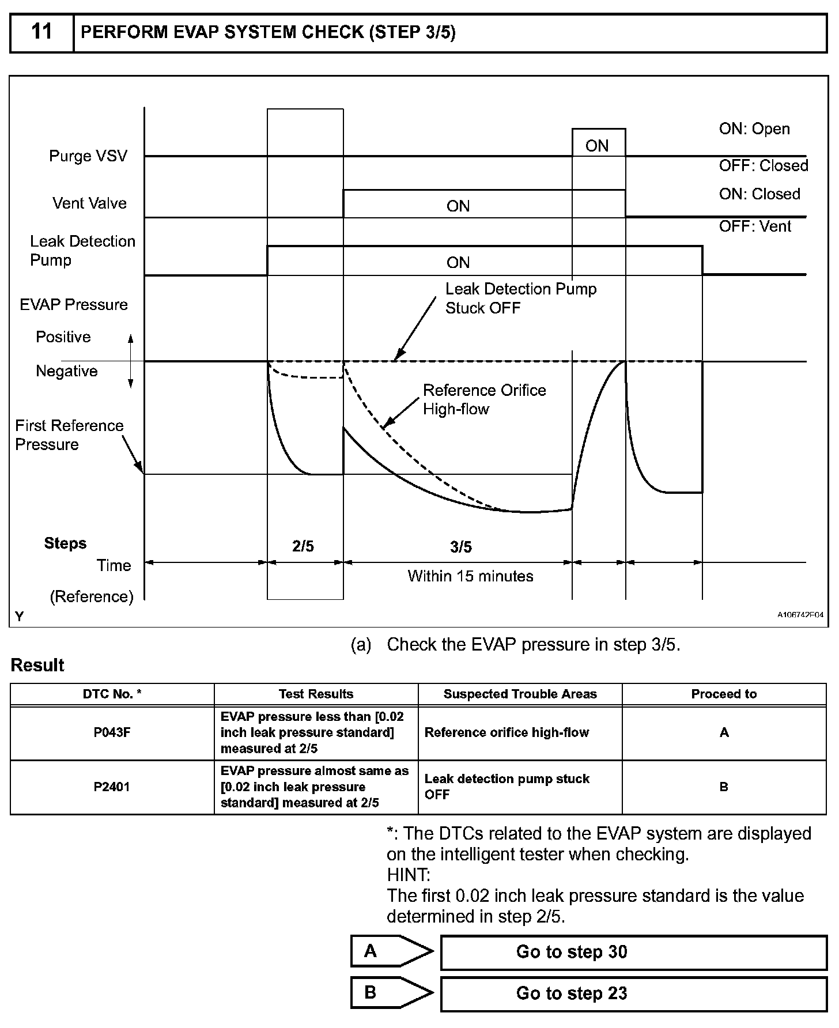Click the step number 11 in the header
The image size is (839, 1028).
(x=41, y=32)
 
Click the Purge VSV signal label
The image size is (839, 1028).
(x=88, y=156)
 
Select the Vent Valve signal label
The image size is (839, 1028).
(x=89, y=203)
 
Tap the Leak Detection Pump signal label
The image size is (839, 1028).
(x=82, y=250)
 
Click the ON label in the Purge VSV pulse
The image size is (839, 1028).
(x=597, y=146)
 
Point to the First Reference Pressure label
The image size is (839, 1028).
(x=69, y=435)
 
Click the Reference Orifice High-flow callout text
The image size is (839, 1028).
(x=484, y=399)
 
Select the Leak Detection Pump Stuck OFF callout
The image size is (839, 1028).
(x=520, y=298)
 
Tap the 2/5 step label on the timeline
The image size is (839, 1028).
(x=303, y=546)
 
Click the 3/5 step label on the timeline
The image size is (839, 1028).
(x=461, y=547)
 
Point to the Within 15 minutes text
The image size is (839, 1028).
(x=470, y=576)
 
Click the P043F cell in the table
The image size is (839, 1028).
(x=112, y=732)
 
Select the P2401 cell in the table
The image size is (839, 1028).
(x=112, y=787)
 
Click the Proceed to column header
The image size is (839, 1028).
(x=724, y=694)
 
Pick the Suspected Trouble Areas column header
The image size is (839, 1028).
(x=520, y=694)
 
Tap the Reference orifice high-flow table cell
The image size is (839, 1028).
(x=507, y=732)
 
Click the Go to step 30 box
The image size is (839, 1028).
(x=633, y=952)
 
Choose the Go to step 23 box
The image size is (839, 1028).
(x=633, y=993)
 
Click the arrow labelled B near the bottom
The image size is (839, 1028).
(x=391, y=992)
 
